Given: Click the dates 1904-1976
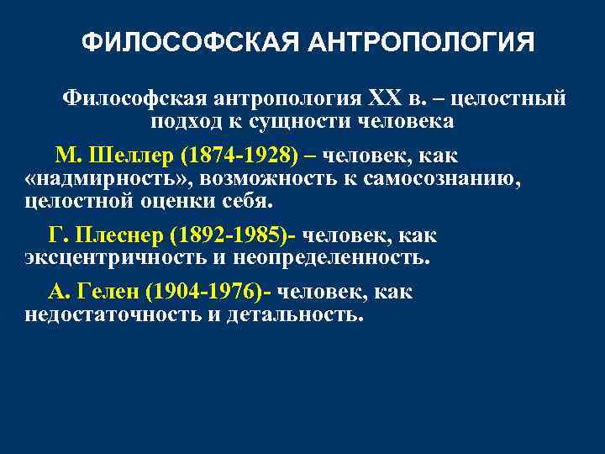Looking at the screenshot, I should (203, 293).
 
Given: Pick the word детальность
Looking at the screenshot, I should (295, 314).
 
